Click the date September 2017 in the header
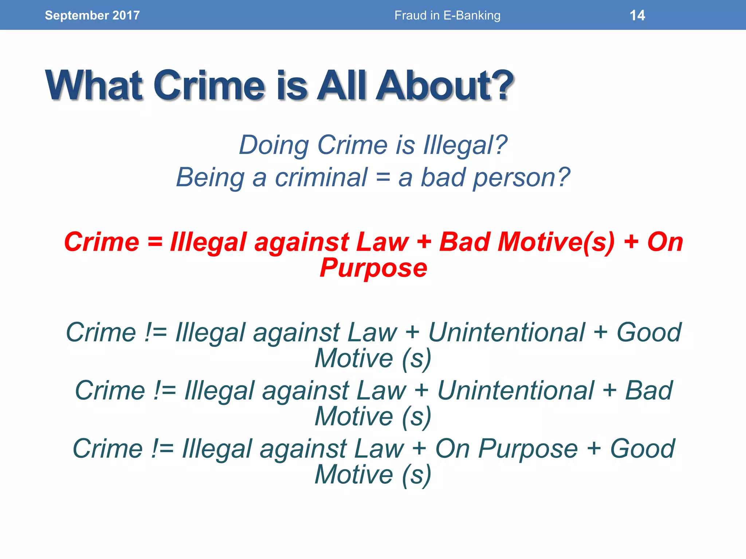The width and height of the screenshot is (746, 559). pos(92,15)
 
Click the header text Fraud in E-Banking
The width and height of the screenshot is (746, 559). pos(447,15)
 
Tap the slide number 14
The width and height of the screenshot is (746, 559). pos(637,15)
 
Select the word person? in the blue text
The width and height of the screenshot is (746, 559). pos(521,178)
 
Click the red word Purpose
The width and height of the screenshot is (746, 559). pos(373,268)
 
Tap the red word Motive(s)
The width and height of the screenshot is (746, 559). pos(556,242)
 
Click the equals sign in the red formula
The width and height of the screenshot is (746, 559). pos(155,242)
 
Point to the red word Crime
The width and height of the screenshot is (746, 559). pos(102,242)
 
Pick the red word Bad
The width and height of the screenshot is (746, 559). pos(464,242)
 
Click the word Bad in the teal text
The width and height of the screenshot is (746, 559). pos(649,390)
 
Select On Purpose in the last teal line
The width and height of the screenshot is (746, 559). pos(506,449)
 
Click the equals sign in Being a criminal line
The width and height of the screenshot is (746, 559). pos(383,178)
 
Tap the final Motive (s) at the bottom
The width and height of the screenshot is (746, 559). pos(373,475)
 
